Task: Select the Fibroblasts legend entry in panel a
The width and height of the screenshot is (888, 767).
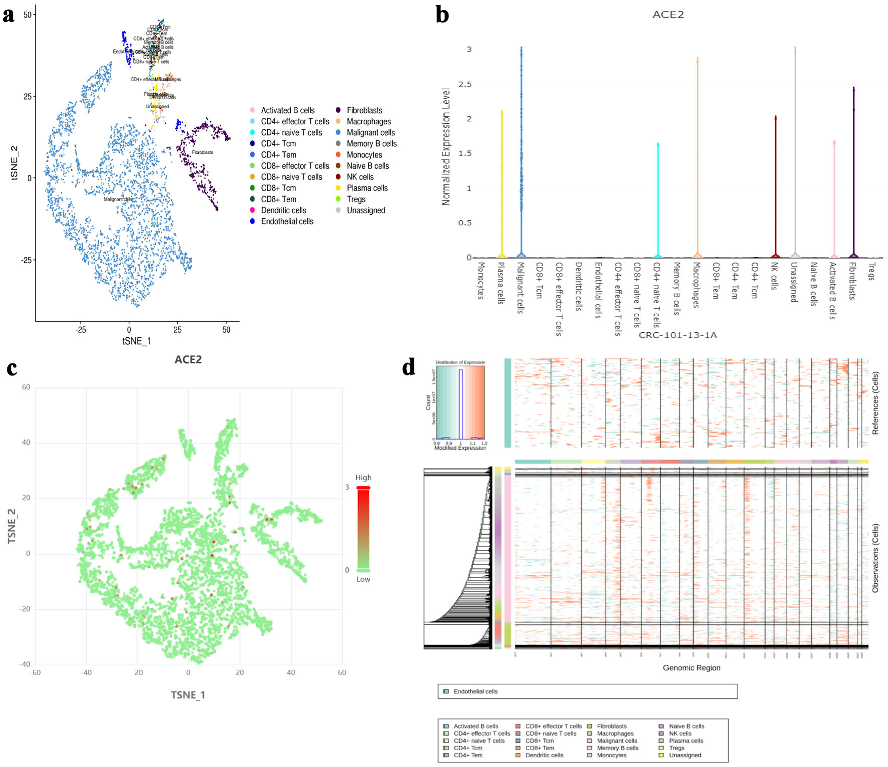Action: [x=364, y=110]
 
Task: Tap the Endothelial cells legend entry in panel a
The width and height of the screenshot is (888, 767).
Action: [x=287, y=221]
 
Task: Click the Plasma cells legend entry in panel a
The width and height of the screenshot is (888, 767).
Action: [x=367, y=188]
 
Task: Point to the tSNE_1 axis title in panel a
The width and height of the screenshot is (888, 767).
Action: [x=136, y=341]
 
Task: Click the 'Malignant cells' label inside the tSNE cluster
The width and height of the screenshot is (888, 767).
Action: [x=118, y=199]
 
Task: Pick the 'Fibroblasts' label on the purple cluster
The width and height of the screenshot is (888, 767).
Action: [x=202, y=152]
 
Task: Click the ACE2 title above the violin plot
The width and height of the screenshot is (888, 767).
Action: [x=668, y=15]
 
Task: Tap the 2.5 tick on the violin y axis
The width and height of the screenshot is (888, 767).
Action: [x=465, y=84]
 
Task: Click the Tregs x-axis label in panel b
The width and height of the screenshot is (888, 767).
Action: [x=872, y=271]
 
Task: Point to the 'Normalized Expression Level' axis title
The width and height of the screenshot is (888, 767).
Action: [x=446, y=147]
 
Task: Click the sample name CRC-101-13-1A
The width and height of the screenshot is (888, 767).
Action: [x=678, y=335]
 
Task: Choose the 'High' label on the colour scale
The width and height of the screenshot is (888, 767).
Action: [x=363, y=478]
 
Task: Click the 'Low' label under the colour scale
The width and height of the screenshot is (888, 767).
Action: [x=363, y=579]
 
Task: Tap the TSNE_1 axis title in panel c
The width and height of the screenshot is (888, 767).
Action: [x=188, y=695]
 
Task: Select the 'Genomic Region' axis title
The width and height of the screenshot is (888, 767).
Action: [x=692, y=668]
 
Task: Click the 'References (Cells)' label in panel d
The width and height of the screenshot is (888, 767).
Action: [x=875, y=403]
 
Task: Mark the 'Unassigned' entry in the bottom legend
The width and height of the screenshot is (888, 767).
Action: [x=685, y=755]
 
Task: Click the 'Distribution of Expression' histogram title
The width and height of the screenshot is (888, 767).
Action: [x=460, y=362]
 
